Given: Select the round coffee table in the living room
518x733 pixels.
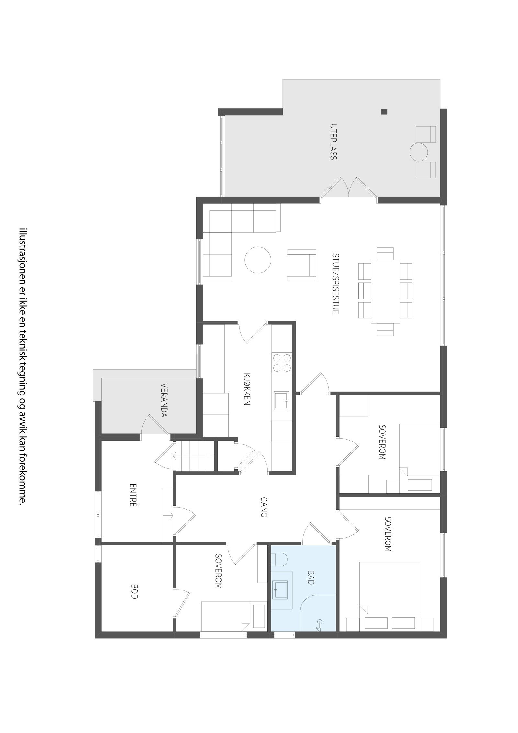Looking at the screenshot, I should (257, 260).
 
